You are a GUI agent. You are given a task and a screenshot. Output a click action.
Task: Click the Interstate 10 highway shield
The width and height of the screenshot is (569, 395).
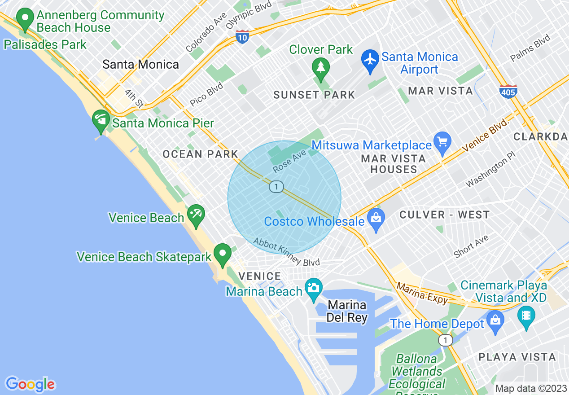242,37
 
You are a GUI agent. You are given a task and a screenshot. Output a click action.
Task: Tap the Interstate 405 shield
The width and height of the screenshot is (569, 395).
508,91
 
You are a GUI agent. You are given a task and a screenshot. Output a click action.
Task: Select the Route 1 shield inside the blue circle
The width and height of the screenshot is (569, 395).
276,186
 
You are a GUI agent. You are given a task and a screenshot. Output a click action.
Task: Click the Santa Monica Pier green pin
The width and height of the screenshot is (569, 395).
101,120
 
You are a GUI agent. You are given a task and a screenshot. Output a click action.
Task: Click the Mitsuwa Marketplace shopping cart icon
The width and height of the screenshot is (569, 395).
442,143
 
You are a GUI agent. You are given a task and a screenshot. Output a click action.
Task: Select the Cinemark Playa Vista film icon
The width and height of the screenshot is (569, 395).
526,315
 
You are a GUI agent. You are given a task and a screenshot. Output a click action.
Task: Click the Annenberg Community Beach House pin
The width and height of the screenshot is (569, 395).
25,19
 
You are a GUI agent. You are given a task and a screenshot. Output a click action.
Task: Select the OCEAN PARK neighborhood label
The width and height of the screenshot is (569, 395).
200,154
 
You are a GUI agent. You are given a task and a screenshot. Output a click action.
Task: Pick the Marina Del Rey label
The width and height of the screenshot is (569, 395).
347,312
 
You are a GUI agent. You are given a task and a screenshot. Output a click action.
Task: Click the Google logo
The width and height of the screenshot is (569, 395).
30,384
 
